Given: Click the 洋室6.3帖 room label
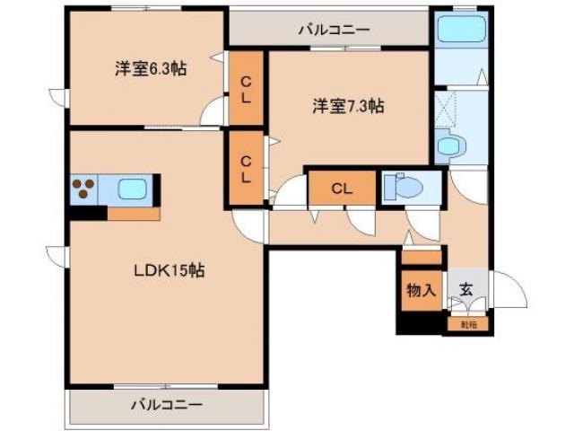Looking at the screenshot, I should coord(150,69).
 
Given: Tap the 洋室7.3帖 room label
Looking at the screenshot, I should coord(348,106).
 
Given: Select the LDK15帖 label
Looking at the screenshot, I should coord(170,269).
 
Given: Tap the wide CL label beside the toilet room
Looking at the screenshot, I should coord(340,189).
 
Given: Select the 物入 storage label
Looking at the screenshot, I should coord(422,290).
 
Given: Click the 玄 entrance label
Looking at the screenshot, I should coord(466,290).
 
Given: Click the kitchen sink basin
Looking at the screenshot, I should coord(134,190).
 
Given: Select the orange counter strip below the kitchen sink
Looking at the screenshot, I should coord(134,214).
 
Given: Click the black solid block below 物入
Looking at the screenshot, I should coord(421,322).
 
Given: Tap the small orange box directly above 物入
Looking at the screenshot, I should coord(422,257).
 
